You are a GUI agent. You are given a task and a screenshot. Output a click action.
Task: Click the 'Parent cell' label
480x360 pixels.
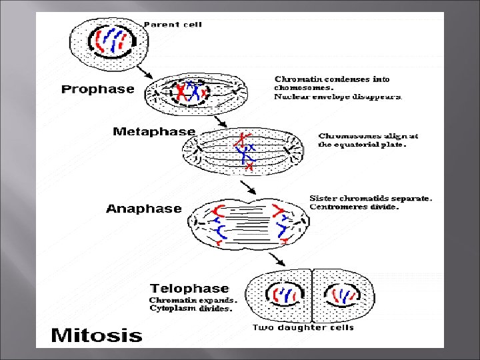tap(173, 25)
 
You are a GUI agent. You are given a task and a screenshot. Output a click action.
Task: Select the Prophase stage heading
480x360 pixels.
tap(98, 89)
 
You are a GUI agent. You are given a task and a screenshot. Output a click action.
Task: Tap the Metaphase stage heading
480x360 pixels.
tap(154, 132)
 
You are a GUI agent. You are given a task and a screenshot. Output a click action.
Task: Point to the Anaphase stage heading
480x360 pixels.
tap(143, 209)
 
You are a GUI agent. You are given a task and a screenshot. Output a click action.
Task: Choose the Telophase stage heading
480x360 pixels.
tap(189, 289)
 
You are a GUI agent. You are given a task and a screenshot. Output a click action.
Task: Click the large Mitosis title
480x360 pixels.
tap(97, 334)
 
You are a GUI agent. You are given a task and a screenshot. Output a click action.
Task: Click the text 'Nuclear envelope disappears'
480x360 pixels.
tap(339, 97)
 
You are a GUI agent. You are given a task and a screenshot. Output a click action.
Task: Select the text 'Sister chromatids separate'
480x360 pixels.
tap(371, 198)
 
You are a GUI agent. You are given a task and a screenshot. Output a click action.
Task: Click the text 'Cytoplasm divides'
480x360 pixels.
tap(191, 309)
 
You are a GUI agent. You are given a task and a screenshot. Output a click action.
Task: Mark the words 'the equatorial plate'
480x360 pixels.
tap(362, 145)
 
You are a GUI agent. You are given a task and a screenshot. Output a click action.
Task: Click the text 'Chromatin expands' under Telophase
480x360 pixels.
tap(193, 300)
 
